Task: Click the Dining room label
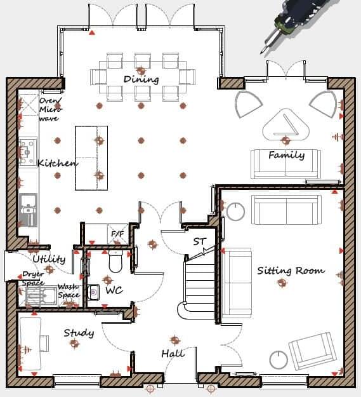click(141, 79)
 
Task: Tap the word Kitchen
click(57, 163)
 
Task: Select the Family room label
click(286, 155)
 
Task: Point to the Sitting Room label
click(291, 271)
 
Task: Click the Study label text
click(79, 332)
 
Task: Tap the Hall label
click(173, 353)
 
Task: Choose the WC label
click(114, 291)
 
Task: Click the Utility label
click(48, 259)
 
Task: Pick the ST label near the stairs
click(200, 241)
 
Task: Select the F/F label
click(117, 234)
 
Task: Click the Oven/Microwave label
click(50, 109)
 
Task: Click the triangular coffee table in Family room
click(286, 126)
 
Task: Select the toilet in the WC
click(115, 260)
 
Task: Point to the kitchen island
click(91, 158)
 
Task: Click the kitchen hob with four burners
click(27, 152)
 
